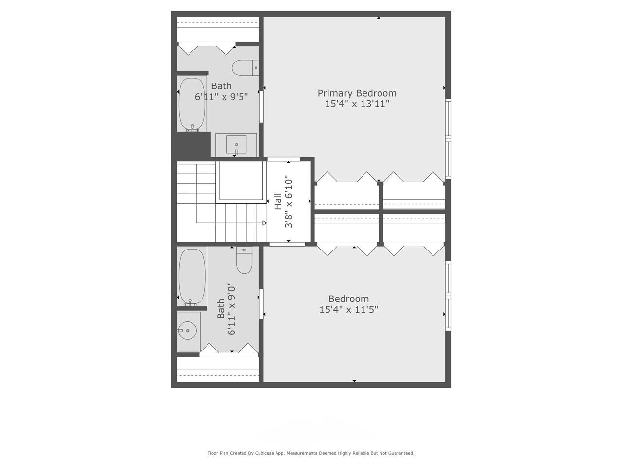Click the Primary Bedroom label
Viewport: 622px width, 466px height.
tap(357, 93)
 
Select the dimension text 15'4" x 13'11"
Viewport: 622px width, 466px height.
tap(357, 104)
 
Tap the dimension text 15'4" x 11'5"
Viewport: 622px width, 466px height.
tap(348, 310)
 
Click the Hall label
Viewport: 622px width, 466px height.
tap(277, 201)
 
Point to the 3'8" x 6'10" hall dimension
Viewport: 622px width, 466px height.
tap(289, 201)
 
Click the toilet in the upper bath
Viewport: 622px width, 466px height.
tap(245, 68)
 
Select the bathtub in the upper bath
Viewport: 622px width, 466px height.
tap(192, 104)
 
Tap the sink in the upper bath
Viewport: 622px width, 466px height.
tap(236, 145)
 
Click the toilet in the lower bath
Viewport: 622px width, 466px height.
tap(244, 261)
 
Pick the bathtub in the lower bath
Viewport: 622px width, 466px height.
tap(192, 277)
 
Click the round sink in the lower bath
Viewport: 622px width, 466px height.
tap(187, 331)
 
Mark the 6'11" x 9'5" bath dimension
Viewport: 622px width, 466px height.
tap(221, 97)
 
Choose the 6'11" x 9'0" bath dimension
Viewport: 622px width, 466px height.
tap(232, 309)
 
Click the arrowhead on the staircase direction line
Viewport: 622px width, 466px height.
tap(264, 223)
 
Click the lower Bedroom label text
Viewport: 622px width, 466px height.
tap(348, 299)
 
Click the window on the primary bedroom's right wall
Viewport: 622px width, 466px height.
tap(448, 139)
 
